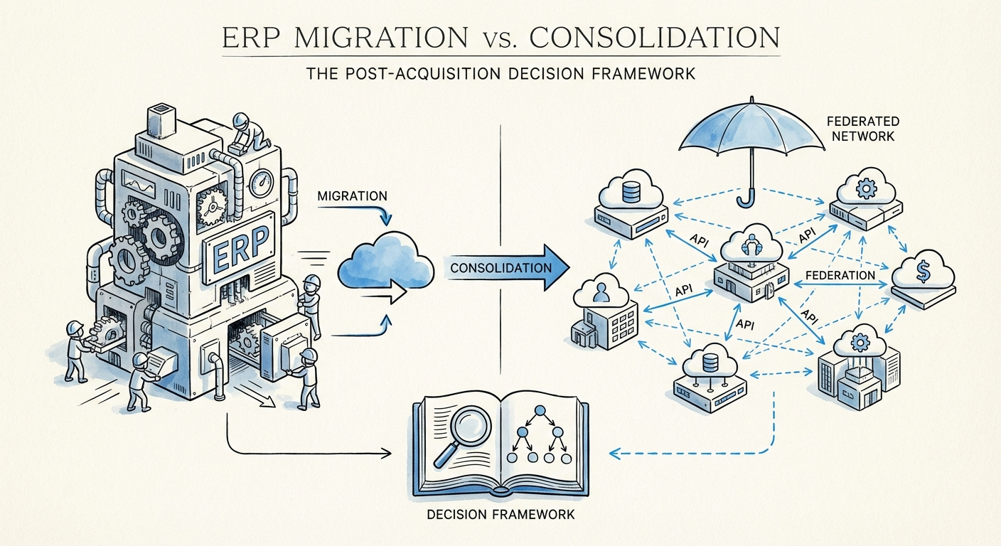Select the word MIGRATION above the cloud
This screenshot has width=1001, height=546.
[352, 195]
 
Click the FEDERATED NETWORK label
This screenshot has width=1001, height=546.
[862, 129]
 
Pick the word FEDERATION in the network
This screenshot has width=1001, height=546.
[840, 275]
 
